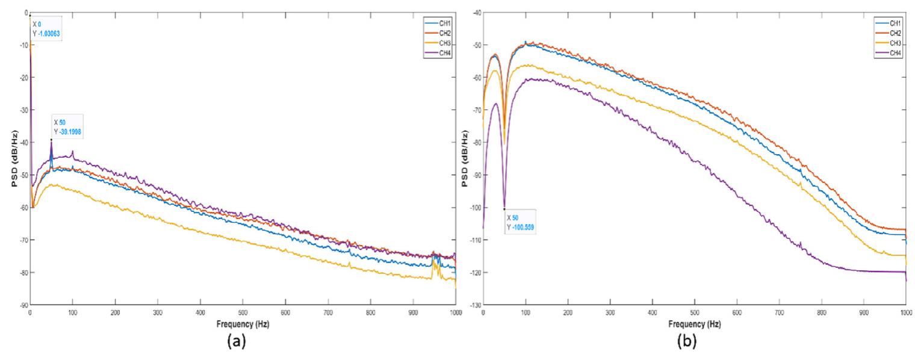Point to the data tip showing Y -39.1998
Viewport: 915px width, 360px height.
click(67, 127)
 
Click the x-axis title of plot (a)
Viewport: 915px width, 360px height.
click(243, 324)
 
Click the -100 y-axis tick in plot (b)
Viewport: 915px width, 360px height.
click(475, 208)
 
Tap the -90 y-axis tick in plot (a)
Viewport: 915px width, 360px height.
click(23, 305)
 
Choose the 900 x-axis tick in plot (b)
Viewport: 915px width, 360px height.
click(864, 312)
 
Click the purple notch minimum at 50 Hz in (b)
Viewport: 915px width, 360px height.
click(504, 209)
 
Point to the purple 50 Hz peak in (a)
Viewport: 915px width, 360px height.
click(51, 140)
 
